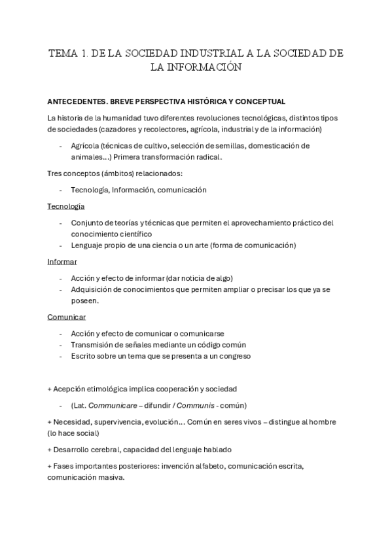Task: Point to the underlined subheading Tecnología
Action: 65,206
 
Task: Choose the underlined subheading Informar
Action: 62,262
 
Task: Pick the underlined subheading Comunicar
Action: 66,317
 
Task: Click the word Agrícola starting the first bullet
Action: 86,145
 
